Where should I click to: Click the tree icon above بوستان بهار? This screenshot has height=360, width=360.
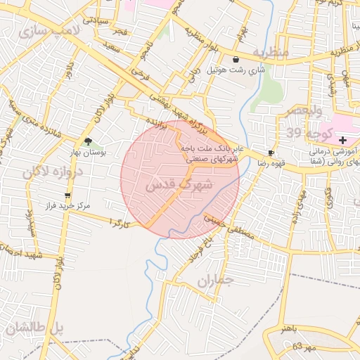coord(88,141)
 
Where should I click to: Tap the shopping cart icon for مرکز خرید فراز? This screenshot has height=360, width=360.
coord(67,195)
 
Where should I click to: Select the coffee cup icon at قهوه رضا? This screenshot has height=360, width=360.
coord(271,153)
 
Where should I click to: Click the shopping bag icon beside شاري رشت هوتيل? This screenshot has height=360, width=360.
coord(235,60)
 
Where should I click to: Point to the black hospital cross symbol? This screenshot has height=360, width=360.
coord(342,141)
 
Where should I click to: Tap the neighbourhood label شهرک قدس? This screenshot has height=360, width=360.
coord(178,185)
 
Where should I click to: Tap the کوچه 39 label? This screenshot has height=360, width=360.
coord(303,133)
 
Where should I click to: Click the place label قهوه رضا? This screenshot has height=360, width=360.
coord(252,162)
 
